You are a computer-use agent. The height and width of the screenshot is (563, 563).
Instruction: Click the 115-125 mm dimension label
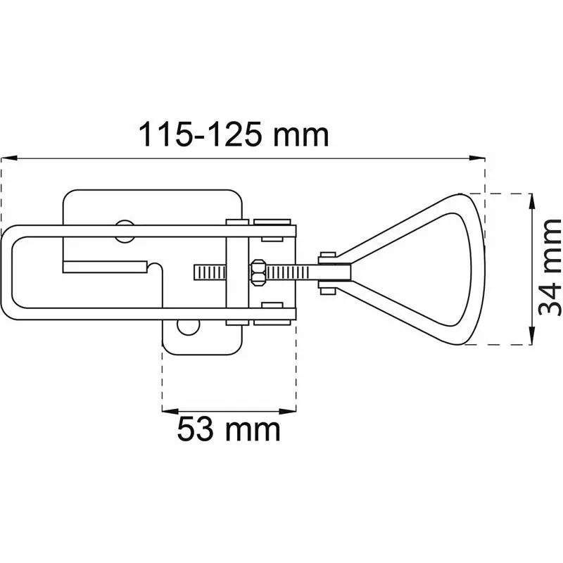(x=234, y=134)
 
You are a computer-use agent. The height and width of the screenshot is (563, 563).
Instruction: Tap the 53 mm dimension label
(x=229, y=429)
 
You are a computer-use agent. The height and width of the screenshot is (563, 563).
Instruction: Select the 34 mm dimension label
(x=550, y=267)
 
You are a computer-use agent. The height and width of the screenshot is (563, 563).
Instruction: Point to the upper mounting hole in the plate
(x=125, y=231)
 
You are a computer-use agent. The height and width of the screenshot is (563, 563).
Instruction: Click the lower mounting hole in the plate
(x=188, y=327)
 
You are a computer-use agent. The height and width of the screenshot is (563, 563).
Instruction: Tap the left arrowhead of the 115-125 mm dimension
(x=9, y=158)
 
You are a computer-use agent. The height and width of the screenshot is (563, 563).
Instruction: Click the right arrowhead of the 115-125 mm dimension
(x=477, y=158)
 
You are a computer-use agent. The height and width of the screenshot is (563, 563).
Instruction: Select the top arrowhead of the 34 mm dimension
(x=532, y=202)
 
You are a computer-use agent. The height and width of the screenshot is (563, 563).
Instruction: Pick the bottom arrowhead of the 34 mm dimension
(x=532, y=336)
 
